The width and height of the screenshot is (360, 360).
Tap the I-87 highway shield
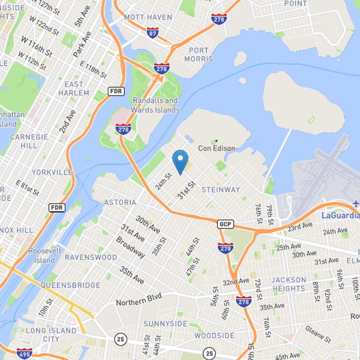point(152,32)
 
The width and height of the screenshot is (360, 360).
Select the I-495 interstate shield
point(24,354)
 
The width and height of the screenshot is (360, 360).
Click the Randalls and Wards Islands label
point(155,105)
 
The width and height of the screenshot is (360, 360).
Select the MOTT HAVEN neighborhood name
point(148,17)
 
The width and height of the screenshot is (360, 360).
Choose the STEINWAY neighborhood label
point(221,189)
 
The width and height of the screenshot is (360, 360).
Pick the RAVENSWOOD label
point(85,257)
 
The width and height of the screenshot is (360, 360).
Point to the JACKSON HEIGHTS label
point(288,284)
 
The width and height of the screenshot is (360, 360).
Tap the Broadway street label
point(130,247)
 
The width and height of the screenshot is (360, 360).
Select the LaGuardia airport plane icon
point(356,203)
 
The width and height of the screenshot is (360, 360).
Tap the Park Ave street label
point(82,44)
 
